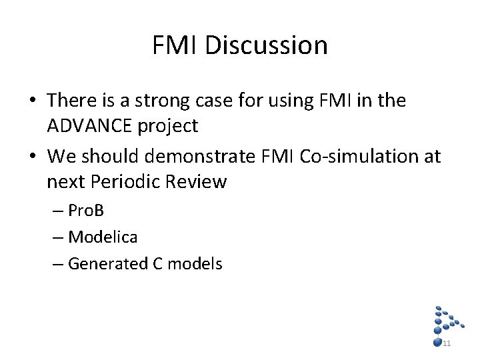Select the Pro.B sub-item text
point(86,211)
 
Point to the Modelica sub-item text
point(103,237)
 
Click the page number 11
point(447,343)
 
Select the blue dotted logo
point(446,323)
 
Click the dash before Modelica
point(59,237)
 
